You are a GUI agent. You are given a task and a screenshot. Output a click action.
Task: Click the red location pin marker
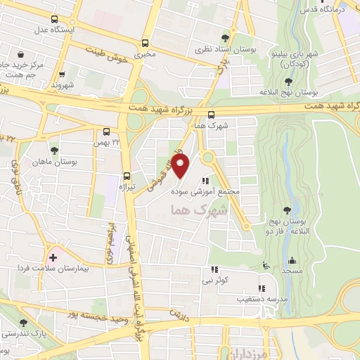tap(181, 167)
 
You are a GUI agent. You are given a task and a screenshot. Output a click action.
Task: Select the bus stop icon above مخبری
tap(146, 42)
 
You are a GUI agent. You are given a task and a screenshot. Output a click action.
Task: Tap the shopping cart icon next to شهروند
tap(63, 74)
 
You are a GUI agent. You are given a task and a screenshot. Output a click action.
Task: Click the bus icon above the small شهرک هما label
tap(212, 115)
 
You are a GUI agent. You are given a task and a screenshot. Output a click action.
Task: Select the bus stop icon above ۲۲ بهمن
tap(107, 131)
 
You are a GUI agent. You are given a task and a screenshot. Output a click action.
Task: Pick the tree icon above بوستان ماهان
tap(54, 150)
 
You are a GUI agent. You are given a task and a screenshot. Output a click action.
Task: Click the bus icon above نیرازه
tap(127, 176)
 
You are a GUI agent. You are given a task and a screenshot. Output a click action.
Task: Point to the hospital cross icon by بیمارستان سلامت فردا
tap(53, 257)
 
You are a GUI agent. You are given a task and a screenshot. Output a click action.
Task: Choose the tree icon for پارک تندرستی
tap(23, 322)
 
